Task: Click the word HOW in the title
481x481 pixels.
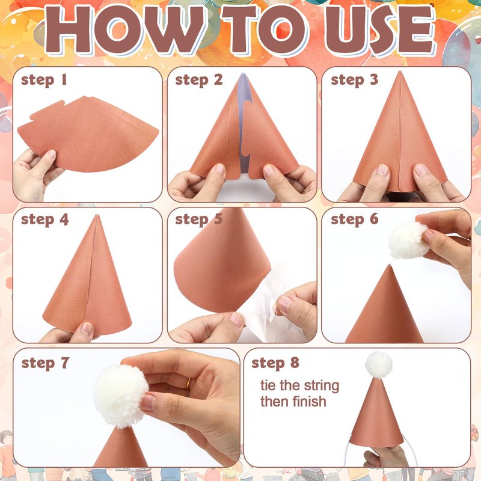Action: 125,29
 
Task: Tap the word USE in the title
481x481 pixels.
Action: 380,29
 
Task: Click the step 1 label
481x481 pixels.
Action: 44,81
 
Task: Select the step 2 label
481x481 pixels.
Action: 199,81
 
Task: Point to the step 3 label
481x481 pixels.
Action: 355,81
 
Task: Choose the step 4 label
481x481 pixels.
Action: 44,219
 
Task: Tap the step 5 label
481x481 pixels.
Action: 199,219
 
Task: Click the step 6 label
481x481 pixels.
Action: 355,219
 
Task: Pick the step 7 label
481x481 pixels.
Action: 46,363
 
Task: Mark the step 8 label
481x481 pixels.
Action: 275,363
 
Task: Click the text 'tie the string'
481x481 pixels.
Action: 299,386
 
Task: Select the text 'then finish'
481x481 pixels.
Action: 293,402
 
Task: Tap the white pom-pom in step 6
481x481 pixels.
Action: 408,240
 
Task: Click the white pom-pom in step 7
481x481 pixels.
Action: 120,396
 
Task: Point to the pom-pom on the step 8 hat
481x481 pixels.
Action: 379,364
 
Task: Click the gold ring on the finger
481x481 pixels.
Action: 188,384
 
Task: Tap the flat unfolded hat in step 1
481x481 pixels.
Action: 88,133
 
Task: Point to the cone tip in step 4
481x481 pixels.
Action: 97,215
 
